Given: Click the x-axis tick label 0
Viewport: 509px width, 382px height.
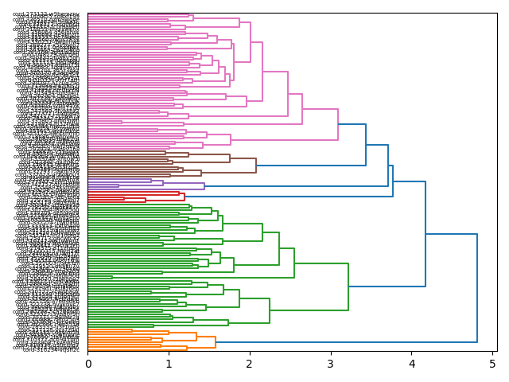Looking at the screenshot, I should coord(88,364).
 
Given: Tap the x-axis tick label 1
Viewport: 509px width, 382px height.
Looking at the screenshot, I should coord(169,364).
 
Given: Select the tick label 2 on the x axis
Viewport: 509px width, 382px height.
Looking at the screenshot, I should coord(250,364).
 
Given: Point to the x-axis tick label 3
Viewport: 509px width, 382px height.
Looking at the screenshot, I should coord(331,364).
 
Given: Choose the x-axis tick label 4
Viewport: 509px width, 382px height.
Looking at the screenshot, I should coord(412,364).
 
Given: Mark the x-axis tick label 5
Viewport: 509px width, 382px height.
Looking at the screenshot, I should coord(492,364).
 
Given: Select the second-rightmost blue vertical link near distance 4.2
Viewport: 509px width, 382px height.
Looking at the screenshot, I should coord(425,234).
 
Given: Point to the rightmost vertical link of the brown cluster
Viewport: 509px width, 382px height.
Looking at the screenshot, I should coord(256,166).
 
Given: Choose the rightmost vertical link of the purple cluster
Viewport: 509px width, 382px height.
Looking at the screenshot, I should coord(204,186).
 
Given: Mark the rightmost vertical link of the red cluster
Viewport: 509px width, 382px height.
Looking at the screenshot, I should coord(185,196).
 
